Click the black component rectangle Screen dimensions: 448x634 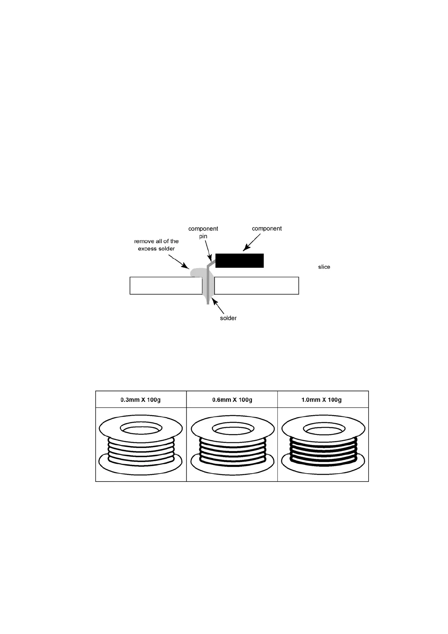239,261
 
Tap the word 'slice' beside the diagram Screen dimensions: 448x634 324,267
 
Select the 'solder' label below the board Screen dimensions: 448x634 228,318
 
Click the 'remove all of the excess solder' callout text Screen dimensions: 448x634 156,245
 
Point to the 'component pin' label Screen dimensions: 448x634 203,232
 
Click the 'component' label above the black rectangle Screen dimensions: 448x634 267,229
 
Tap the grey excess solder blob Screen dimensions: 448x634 197,272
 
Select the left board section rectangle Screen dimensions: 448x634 166,286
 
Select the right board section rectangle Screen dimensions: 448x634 256,286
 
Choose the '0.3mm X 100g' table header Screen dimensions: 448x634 140,400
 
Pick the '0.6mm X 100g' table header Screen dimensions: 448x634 232,400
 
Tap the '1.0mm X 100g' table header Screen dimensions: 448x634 322,400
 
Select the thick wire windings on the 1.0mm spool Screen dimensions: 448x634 323,450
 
